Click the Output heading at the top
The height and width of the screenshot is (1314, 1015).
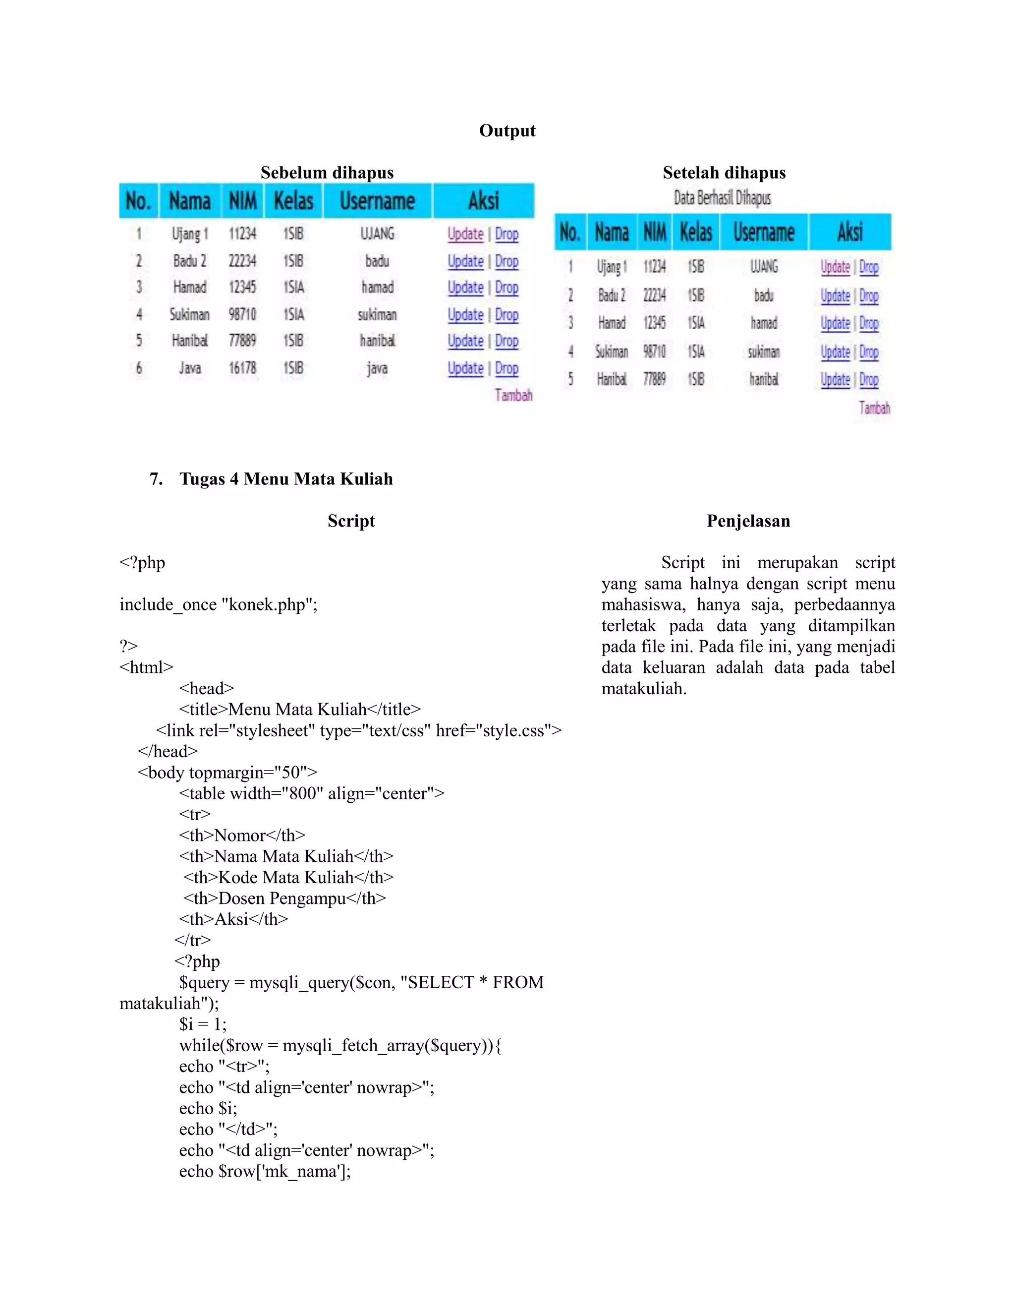(507, 130)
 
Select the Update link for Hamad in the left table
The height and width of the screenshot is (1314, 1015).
(465, 288)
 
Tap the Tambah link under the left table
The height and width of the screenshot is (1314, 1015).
(513, 395)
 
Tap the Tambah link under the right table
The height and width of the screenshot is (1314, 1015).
(874, 408)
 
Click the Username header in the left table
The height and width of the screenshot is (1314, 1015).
(377, 201)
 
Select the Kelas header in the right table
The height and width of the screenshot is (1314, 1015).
(696, 232)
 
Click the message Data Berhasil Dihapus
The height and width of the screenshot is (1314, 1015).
(722, 198)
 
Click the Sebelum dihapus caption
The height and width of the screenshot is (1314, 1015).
(327, 173)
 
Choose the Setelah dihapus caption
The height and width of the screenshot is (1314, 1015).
(724, 173)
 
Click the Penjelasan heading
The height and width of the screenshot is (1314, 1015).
(748, 521)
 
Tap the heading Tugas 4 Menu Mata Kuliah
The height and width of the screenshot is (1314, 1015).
(285, 479)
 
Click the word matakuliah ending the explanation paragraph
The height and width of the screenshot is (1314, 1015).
(643, 688)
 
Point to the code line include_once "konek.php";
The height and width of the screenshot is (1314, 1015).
(218, 604)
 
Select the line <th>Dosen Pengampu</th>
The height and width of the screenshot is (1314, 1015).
(284, 898)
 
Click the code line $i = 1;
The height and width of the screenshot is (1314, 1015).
(203, 1024)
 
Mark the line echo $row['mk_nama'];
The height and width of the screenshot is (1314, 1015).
(265, 1171)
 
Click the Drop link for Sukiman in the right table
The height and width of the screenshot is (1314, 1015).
(869, 352)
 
